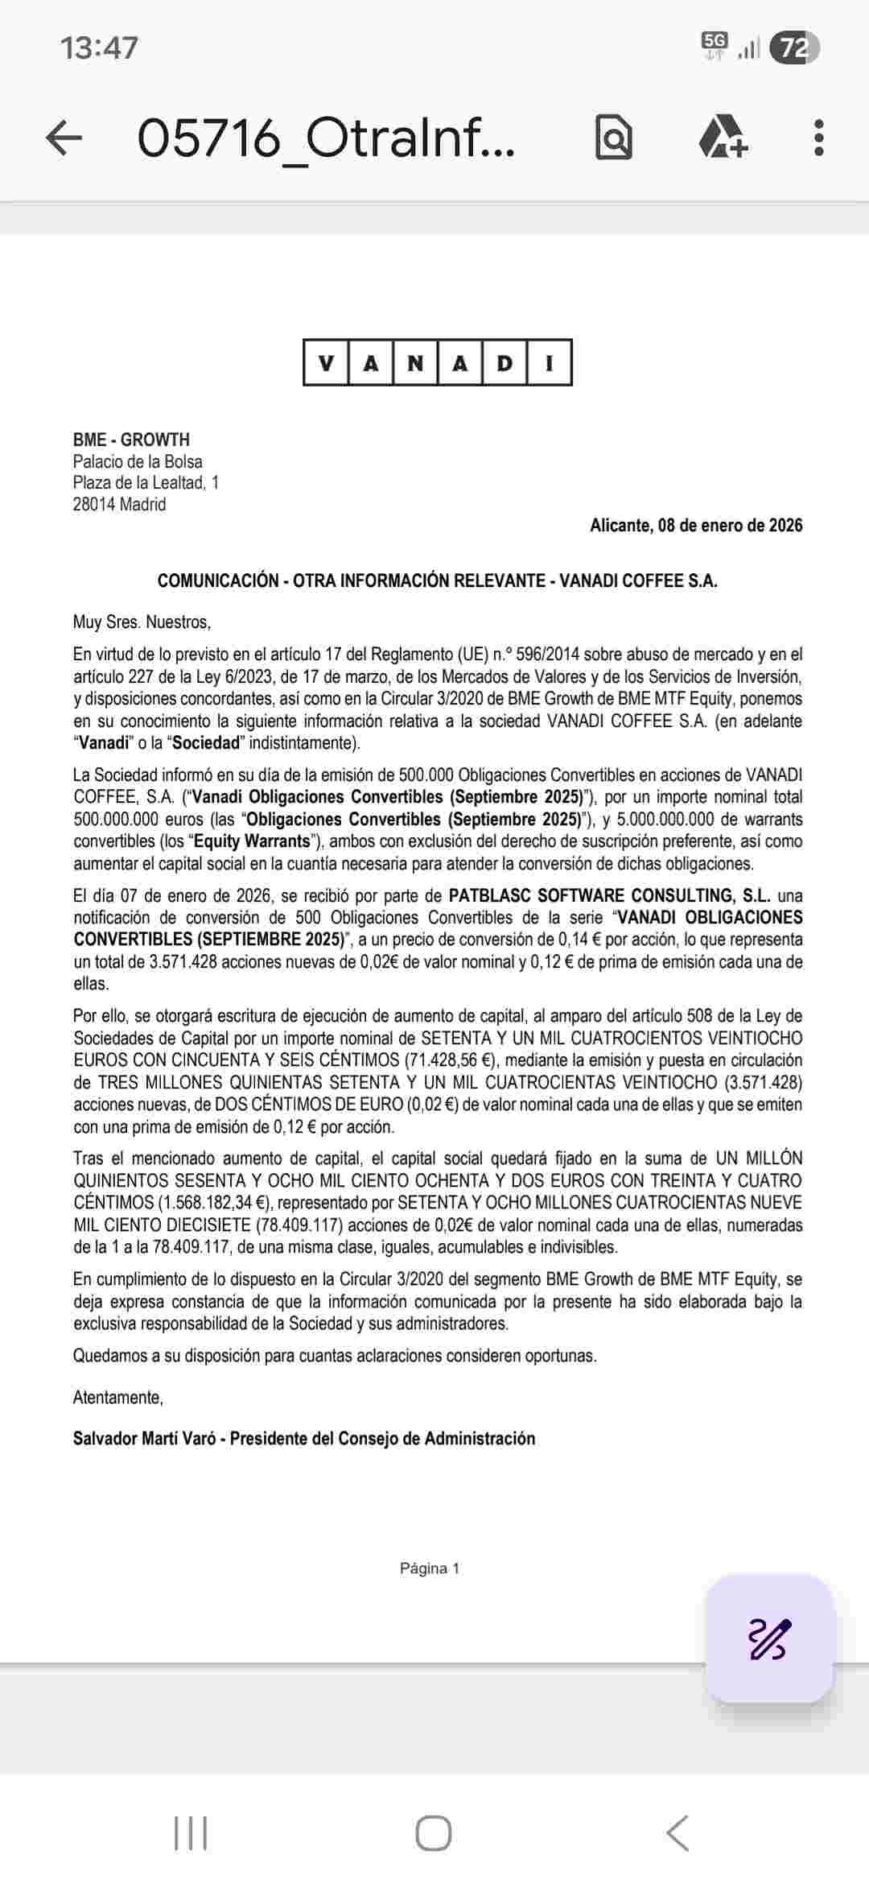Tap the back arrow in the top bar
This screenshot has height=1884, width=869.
64,138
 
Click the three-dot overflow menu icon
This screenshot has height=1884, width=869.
818,138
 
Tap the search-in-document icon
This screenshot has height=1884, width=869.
613,138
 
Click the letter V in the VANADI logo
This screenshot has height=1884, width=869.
326,363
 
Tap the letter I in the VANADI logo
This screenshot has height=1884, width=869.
550,363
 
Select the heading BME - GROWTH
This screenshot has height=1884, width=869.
131,440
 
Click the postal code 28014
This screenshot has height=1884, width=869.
94,505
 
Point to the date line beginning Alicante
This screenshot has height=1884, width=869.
696,526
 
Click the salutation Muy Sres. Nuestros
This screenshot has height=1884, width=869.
142,622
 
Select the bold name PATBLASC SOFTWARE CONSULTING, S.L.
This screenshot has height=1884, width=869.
609,895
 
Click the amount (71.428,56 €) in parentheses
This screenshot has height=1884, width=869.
447,1060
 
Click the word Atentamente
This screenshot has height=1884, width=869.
118,1397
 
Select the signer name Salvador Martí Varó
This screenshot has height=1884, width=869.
144,1438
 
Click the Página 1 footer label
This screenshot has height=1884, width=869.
430,1568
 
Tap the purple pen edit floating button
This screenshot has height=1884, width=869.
769,1638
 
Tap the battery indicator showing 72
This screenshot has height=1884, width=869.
794,48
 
